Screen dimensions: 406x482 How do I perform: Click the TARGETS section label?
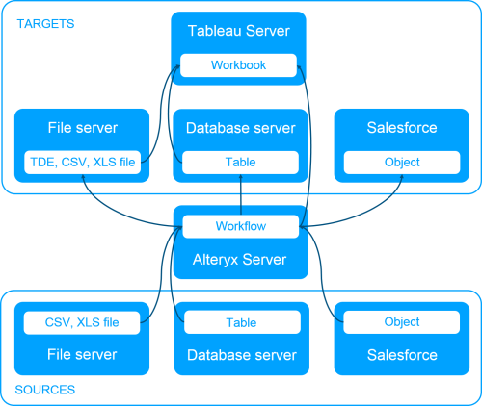[45, 23]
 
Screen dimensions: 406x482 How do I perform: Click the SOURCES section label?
[45, 390]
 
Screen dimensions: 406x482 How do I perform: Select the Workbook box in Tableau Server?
[239, 66]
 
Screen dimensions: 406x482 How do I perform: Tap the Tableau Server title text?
[239, 32]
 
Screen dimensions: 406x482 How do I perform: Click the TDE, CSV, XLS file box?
[83, 163]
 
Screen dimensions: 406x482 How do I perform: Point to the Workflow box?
[240, 226]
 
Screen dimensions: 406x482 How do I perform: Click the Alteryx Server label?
[240, 257]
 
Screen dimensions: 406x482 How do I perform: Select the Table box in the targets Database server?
[240, 163]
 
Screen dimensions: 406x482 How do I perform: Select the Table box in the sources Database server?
[240, 322]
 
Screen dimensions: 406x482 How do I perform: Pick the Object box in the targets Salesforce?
[401, 163]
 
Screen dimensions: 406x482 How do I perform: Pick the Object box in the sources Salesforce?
[401, 322]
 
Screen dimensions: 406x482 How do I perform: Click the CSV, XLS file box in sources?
[83, 322]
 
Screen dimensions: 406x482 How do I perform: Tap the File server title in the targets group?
[83, 128]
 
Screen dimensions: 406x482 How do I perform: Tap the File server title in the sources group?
[83, 355]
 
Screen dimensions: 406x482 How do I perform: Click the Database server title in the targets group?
[240, 128]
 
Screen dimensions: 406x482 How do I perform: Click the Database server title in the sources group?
[240, 355]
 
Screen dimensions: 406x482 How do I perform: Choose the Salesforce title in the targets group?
[401, 128]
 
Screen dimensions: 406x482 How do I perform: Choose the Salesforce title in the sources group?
[401, 355]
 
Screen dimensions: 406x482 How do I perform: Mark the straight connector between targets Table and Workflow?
[240, 195]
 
